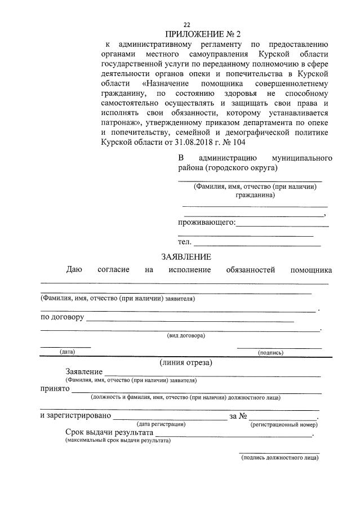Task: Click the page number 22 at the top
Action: tap(186, 24)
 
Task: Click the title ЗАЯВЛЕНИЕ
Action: tap(186, 257)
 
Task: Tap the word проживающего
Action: tap(206, 223)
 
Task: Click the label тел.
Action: tap(184, 242)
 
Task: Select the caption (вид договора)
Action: tap(186, 335)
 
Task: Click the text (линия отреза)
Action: tap(185, 362)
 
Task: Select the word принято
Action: tap(55, 388)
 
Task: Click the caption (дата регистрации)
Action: tap(161, 424)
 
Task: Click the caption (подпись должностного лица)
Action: tap(279, 458)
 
